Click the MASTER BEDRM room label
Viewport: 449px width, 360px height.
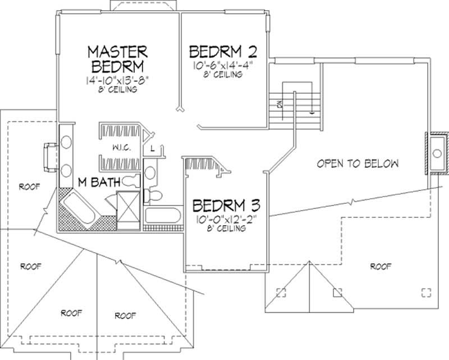[117, 58]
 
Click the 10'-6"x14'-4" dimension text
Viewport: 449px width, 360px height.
[223, 65]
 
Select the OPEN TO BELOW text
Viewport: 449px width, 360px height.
[358, 164]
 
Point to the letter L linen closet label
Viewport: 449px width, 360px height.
[153, 149]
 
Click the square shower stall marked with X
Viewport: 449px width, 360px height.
[127, 210]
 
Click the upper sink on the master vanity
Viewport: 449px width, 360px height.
[66, 142]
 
